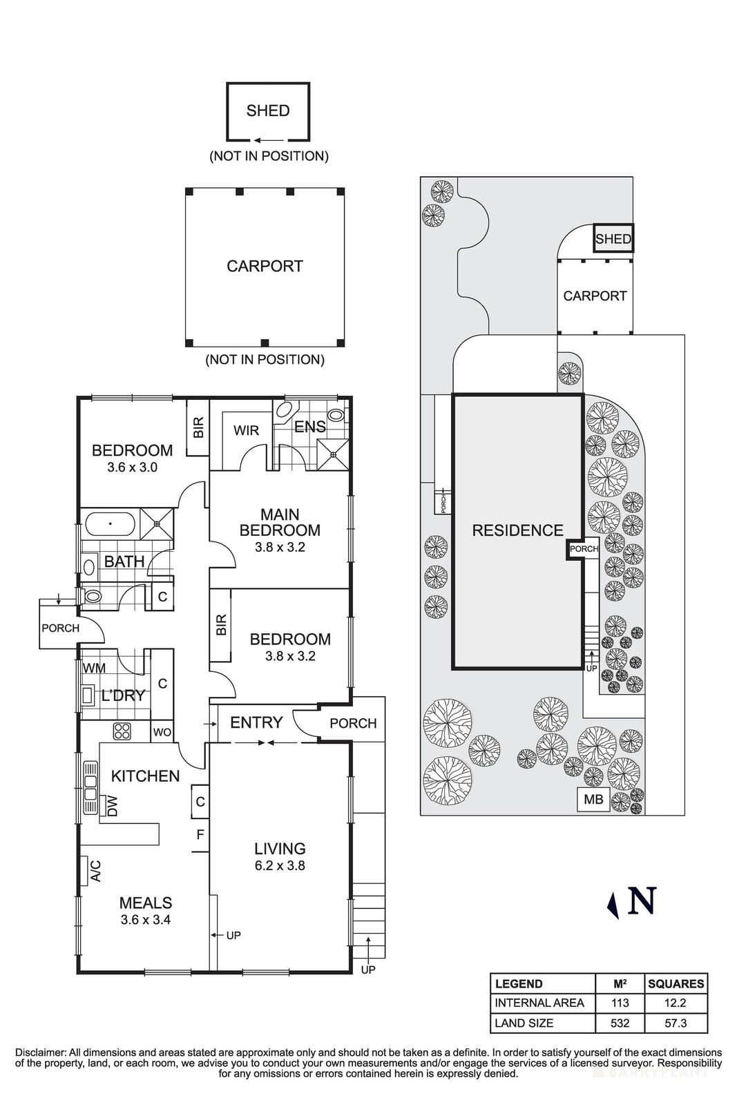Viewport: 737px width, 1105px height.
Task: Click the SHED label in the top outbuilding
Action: [x=268, y=110]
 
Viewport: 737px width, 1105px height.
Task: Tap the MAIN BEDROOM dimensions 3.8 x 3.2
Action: [x=280, y=547]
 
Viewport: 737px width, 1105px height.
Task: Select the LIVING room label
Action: [x=280, y=848]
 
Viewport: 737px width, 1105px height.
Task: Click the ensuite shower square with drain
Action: [x=333, y=454]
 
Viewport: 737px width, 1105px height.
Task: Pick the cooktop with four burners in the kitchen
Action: [x=122, y=731]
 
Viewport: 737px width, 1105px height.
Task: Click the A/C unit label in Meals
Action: [x=96, y=871]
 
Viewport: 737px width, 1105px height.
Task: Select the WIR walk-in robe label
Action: [x=246, y=430]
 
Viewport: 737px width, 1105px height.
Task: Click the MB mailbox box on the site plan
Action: [x=593, y=800]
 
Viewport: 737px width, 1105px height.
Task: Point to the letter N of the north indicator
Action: [x=642, y=901]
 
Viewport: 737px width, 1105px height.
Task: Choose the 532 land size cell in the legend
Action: [x=620, y=1023]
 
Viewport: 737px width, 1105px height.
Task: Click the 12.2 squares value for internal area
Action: [x=676, y=1003]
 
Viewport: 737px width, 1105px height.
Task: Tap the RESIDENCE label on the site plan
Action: [x=517, y=530]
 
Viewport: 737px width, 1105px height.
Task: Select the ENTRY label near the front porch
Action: [x=256, y=722]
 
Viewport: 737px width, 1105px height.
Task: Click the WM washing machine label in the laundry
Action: [x=95, y=668]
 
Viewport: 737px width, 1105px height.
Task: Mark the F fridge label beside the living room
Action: [x=200, y=834]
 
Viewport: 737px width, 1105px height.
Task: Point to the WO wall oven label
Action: [x=162, y=731]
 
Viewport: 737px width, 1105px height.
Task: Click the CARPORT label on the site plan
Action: [x=595, y=296]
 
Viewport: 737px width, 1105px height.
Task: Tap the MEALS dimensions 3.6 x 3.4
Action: [x=145, y=919]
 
